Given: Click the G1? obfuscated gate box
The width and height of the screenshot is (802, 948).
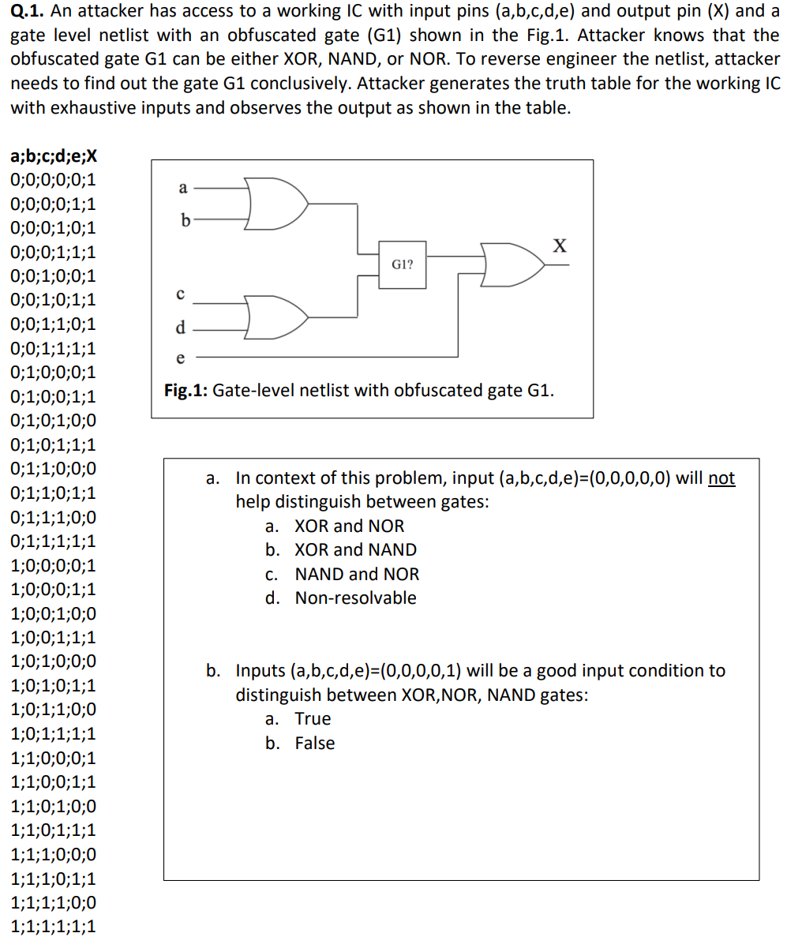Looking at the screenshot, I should pyautogui.click(x=403, y=264).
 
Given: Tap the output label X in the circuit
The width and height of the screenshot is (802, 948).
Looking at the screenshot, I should pyautogui.click(x=559, y=246).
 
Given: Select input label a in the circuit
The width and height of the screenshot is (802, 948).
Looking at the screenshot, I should pyautogui.click(x=183, y=188).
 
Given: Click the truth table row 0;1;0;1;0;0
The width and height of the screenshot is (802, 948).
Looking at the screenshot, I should pyautogui.click(x=54, y=421).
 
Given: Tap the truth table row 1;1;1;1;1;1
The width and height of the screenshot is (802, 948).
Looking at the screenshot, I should pyautogui.click(x=54, y=927).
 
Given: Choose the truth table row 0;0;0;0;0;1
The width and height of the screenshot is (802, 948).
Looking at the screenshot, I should pyautogui.click(x=54, y=179).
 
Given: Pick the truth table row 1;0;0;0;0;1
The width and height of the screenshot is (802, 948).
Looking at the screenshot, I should pyautogui.click(x=54, y=565).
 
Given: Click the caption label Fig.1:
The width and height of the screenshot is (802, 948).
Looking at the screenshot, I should pyautogui.click(x=186, y=390).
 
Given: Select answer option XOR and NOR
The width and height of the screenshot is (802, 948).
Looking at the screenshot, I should pyautogui.click(x=349, y=526).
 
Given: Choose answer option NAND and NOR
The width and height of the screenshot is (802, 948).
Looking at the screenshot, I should pyautogui.click(x=357, y=574).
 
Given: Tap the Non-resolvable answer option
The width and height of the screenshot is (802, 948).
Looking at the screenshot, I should pyautogui.click(x=355, y=598).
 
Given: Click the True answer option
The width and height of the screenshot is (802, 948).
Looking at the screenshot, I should pyautogui.click(x=313, y=718).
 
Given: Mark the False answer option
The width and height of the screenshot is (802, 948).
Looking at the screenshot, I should pyautogui.click(x=315, y=743).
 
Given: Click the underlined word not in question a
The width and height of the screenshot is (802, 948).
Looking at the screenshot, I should pyautogui.click(x=721, y=478).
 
